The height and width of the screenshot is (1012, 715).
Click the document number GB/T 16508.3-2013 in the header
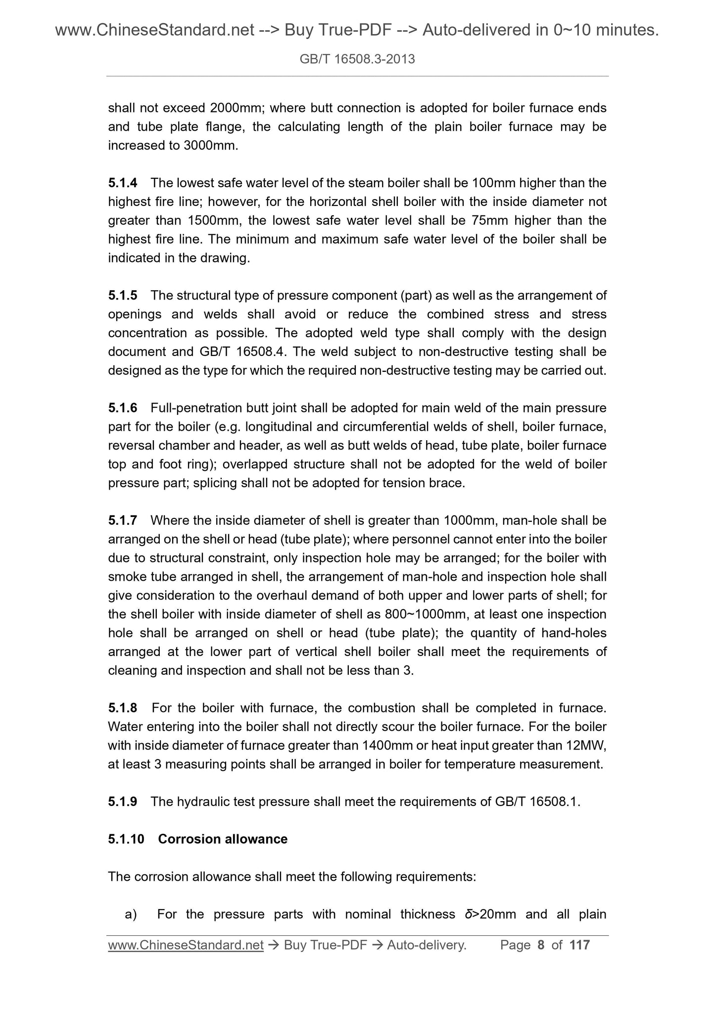(357, 59)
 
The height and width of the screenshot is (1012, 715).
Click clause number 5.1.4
(122, 183)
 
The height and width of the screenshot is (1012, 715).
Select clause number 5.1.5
(122, 296)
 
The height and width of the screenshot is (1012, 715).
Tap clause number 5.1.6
(122, 408)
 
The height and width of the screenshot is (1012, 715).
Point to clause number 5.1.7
(122, 520)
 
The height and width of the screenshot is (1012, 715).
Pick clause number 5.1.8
(122, 708)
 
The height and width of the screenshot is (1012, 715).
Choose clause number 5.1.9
(122, 802)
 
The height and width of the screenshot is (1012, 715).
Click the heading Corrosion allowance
(223, 839)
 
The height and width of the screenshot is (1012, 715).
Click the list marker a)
(131, 914)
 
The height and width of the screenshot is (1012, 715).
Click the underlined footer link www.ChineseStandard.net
(186, 945)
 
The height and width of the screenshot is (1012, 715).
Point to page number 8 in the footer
(541, 945)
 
